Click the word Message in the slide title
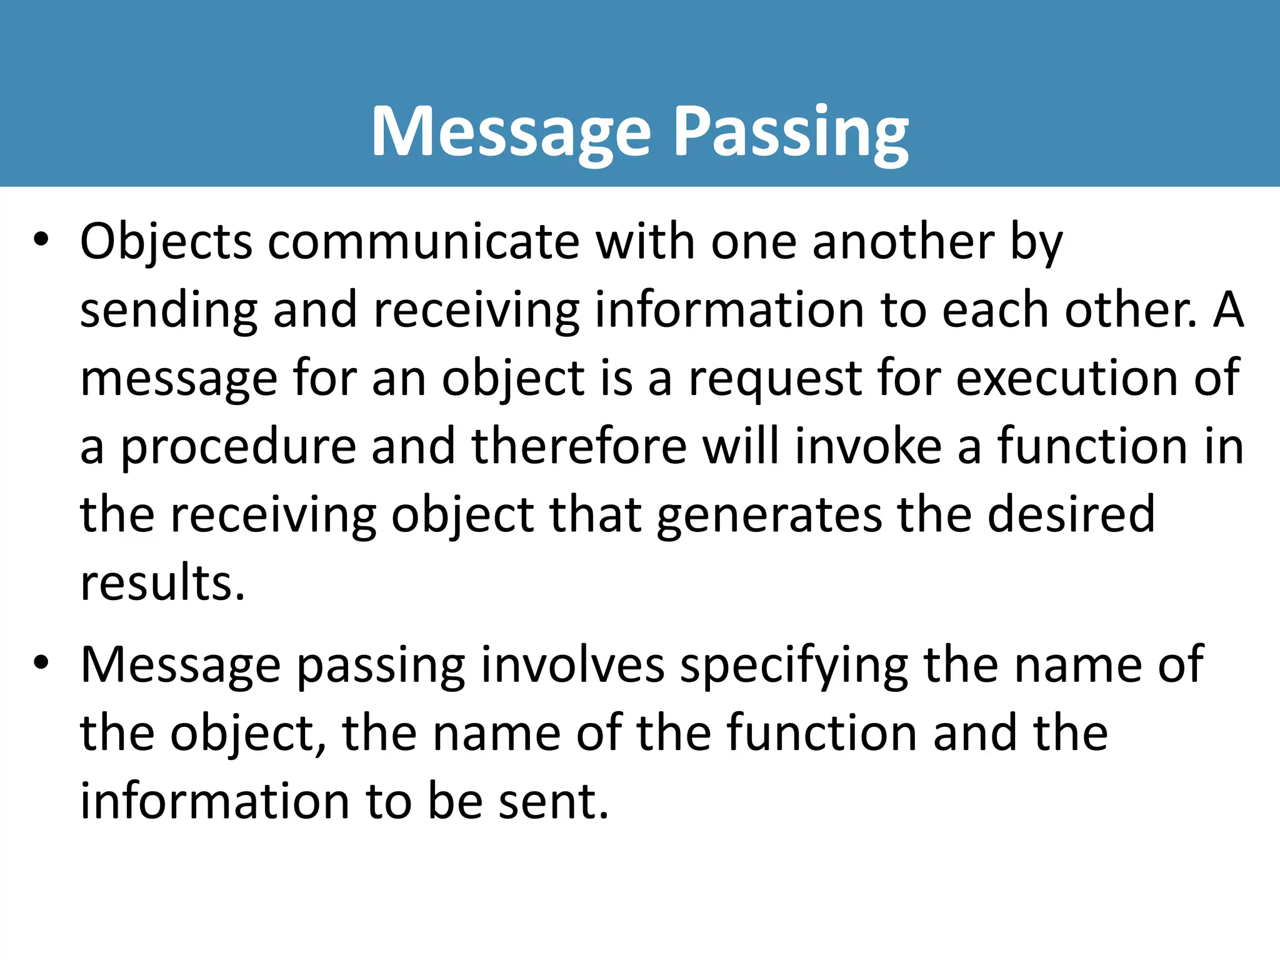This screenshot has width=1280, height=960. (511, 132)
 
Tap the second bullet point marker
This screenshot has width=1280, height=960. (41, 664)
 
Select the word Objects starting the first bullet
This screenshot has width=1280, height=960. (166, 242)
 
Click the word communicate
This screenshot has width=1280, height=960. (424, 242)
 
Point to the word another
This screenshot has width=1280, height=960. (903, 242)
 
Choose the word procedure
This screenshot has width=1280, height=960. (237, 448)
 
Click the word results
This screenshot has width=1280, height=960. (162, 583)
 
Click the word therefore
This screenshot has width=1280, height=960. (579, 447)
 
